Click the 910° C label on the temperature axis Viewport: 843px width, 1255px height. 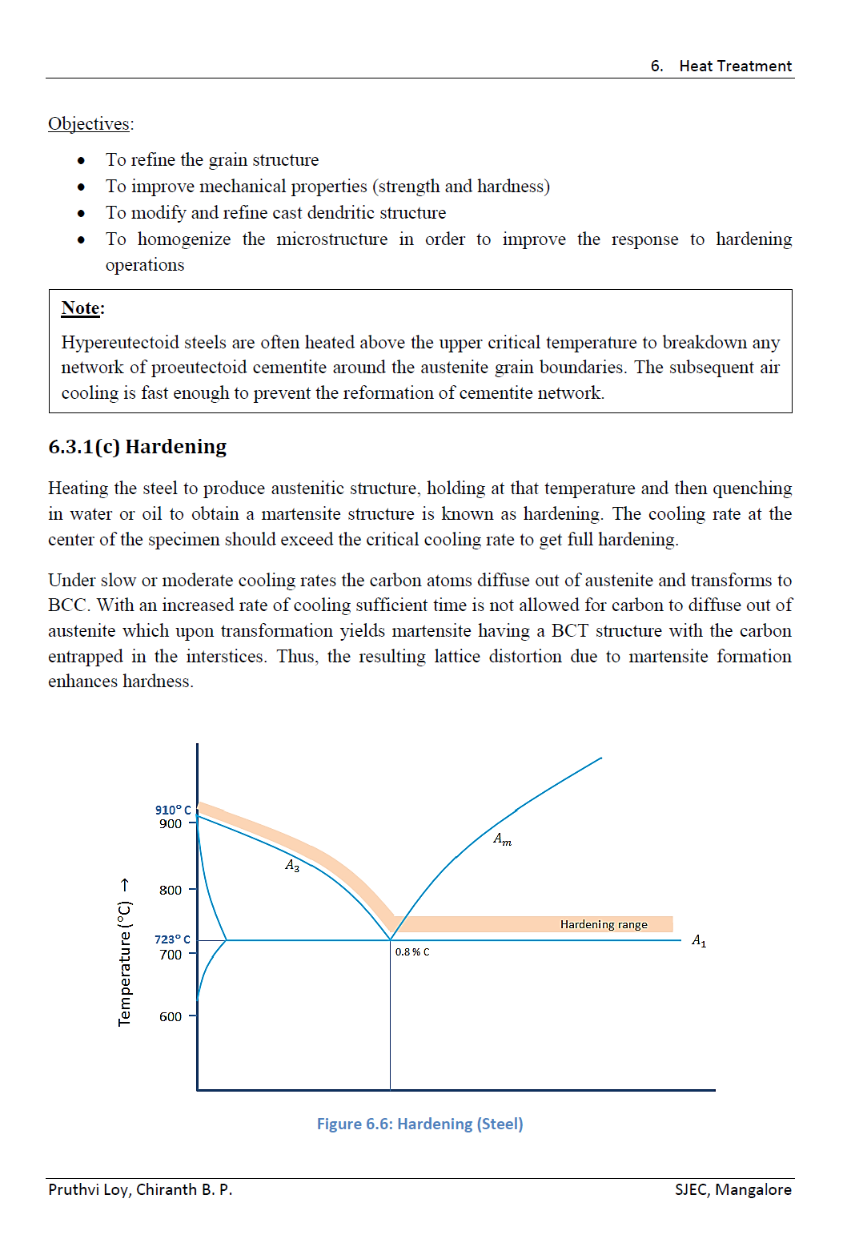(x=173, y=810)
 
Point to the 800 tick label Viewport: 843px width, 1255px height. (x=170, y=890)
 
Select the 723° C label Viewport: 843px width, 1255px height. (x=172, y=939)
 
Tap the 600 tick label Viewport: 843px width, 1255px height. (x=170, y=1016)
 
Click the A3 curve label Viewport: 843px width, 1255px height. (x=292, y=865)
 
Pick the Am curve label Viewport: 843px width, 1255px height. (x=502, y=839)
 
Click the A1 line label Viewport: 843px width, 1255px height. (x=699, y=940)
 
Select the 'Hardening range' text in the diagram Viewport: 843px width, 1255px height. (x=604, y=924)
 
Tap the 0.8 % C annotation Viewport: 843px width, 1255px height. (x=412, y=952)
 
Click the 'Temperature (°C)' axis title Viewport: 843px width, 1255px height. (x=124, y=953)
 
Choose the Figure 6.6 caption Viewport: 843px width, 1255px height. (x=419, y=1124)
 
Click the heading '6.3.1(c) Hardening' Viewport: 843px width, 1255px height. (x=138, y=446)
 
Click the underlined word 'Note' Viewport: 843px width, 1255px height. (x=81, y=308)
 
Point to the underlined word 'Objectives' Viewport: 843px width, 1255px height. (x=89, y=123)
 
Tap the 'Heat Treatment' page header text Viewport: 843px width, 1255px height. (x=735, y=66)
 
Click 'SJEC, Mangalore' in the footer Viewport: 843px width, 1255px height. (x=733, y=1189)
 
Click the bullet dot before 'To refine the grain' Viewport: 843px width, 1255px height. (x=81, y=160)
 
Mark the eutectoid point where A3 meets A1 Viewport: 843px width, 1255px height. (x=390, y=939)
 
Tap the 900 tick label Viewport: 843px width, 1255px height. (x=170, y=823)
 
